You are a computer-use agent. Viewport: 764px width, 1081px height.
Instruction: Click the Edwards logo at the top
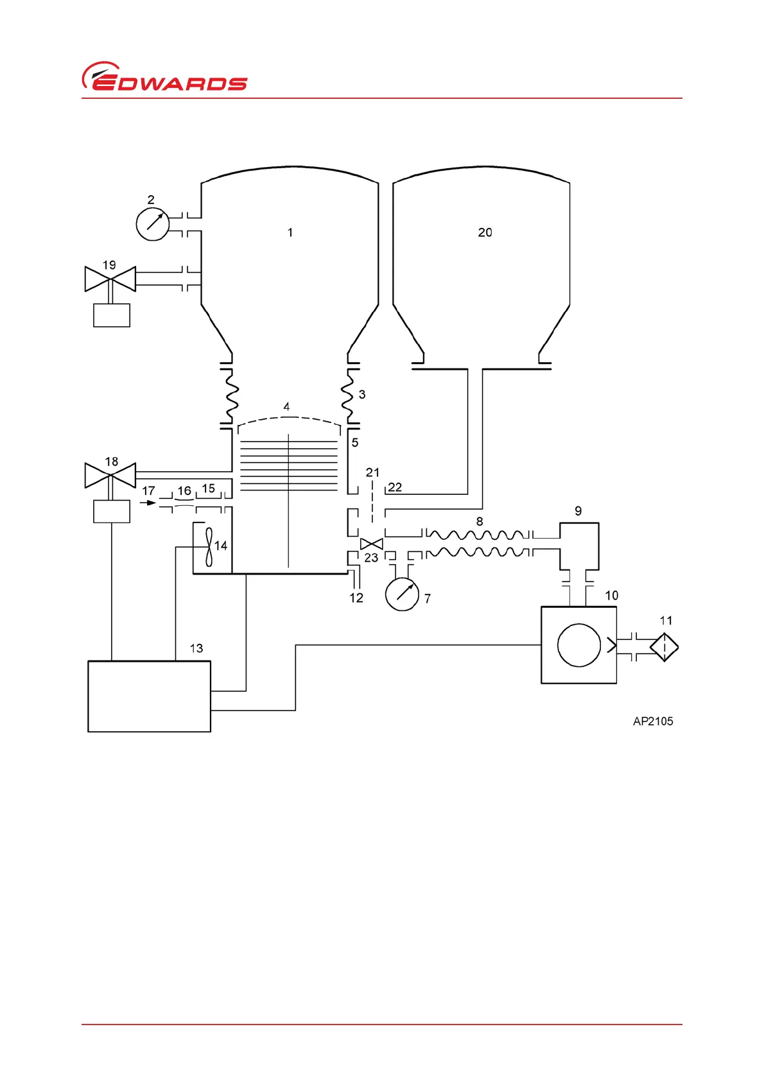[x=164, y=78]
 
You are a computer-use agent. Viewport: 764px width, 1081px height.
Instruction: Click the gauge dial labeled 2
[x=153, y=224]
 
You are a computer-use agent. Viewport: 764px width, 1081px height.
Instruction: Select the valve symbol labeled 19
[x=110, y=279]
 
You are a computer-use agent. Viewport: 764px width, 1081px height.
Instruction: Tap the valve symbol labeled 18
[x=110, y=475]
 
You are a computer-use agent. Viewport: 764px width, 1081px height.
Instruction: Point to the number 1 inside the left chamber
[x=290, y=232]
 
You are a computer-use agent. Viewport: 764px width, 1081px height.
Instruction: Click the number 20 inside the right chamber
[x=485, y=232]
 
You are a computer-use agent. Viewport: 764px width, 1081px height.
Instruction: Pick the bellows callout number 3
[x=362, y=394]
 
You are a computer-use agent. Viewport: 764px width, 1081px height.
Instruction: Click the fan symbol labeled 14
[x=209, y=546]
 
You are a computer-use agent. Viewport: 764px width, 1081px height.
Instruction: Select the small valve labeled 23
[x=372, y=544]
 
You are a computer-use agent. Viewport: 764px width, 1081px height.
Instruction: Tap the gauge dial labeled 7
[x=402, y=594]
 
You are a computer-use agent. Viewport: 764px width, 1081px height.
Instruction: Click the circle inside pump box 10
[x=579, y=645]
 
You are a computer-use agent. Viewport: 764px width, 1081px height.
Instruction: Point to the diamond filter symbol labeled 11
[x=664, y=647]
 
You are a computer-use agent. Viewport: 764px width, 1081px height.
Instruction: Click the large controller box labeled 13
[x=149, y=696]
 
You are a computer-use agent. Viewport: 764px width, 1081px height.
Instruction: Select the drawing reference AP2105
[x=653, y=721]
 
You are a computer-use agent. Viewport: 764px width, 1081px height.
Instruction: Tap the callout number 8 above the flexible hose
[x=480, y=521]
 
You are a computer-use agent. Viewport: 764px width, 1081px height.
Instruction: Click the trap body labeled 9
[x=579, y=546]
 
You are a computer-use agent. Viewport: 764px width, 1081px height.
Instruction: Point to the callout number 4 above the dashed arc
[x=286, y=406]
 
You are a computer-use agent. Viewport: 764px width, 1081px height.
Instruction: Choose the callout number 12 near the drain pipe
[x=356, y=598]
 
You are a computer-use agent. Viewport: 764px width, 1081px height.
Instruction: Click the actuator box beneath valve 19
[x=112, y=315]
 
